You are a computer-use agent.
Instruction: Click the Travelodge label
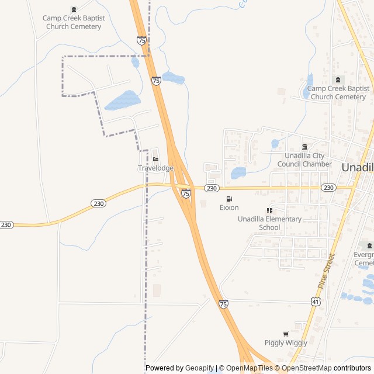[x=155, y=168]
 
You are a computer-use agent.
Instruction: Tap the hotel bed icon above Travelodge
[x=155, y=160]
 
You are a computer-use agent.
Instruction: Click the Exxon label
[x=229, y=207]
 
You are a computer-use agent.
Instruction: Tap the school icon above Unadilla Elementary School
[x=269, y=210]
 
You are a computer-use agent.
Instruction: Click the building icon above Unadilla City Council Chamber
[x=304, y=147]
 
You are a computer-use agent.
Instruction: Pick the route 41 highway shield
[x=316, y=301]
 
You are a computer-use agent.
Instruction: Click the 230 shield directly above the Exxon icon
[x=212, y=188]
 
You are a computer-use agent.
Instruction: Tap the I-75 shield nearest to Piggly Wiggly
[x=223, y=304]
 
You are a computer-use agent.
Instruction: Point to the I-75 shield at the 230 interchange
[x=186, y=193]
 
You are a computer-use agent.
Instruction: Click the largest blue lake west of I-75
[x=123, y=101]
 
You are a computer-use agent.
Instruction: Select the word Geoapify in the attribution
[x=199, y=368]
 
